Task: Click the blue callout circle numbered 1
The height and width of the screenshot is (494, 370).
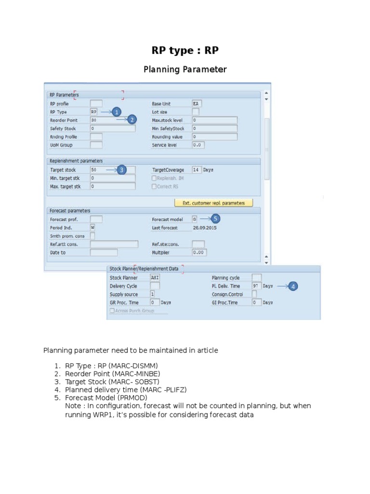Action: pyautogui.click(x=116, y=111)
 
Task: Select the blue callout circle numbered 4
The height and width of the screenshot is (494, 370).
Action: pyautogui.click(x=293, y=286)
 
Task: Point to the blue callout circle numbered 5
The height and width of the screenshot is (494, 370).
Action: pyautogui.click(x=215, y=219)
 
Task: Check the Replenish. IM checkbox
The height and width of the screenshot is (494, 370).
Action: pyautogui.click(x=154, y=178)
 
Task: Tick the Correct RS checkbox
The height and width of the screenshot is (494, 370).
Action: pyautogui.click(x=154, y=186)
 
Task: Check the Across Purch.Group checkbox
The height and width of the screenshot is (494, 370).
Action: pyautogui.click(x=113, y=311)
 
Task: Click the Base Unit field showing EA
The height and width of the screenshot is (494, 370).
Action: pyautogui.click(x=197, y=104)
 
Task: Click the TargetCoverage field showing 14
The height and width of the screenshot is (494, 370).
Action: pyautogui.click(x=196, y=170)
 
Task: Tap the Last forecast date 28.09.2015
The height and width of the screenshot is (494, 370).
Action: pyautogui.click(x=205, y=228)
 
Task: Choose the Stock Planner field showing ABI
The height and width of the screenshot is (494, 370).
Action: pyautogui.click(x=155, y=278)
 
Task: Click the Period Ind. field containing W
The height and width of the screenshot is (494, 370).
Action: pyautogui.click(x=92, y=228)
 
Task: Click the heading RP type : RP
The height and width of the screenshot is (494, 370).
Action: pyautogui.click(x=185, y=51)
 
